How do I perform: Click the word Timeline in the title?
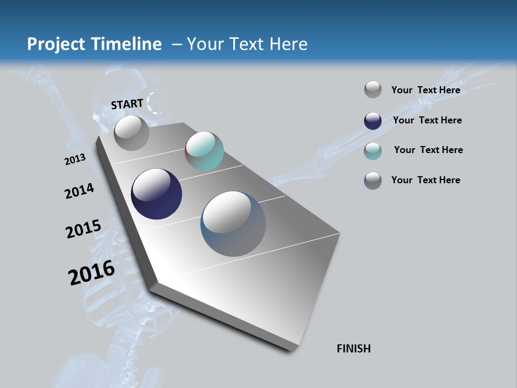point(127,44)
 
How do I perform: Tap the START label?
point(127,104)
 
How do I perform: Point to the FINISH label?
point(354,349)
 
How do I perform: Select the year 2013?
point(75,160)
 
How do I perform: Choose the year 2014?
point(80,191)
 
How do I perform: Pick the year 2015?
point(83,229)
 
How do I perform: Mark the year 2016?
point(92,273)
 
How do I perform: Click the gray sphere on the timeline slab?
point(131,133)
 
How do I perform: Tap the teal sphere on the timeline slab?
point(204,151)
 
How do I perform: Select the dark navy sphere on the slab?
point(156,194)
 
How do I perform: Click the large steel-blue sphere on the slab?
point(233,224)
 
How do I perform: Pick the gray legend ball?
point(373,89)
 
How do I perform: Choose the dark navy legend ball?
point(373,121)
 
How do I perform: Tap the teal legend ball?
point(373,151)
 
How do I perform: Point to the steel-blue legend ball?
point(373,181)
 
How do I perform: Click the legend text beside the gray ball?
point(425,90)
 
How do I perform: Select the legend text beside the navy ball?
point(427,120)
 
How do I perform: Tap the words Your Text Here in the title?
point(247,44)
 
